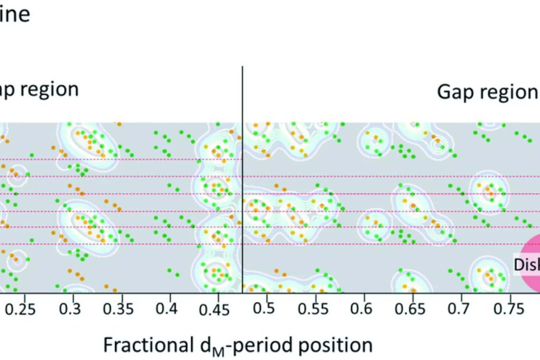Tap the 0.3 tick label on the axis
point(70,309)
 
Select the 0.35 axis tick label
point(118,309)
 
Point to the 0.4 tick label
point(167,309)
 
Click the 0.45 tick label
point(214,310)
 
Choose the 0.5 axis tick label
point(264,308)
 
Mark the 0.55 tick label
point(313,309)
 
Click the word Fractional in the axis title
point(148,345)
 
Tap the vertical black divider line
point(242,178)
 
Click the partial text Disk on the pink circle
point(527,265)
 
